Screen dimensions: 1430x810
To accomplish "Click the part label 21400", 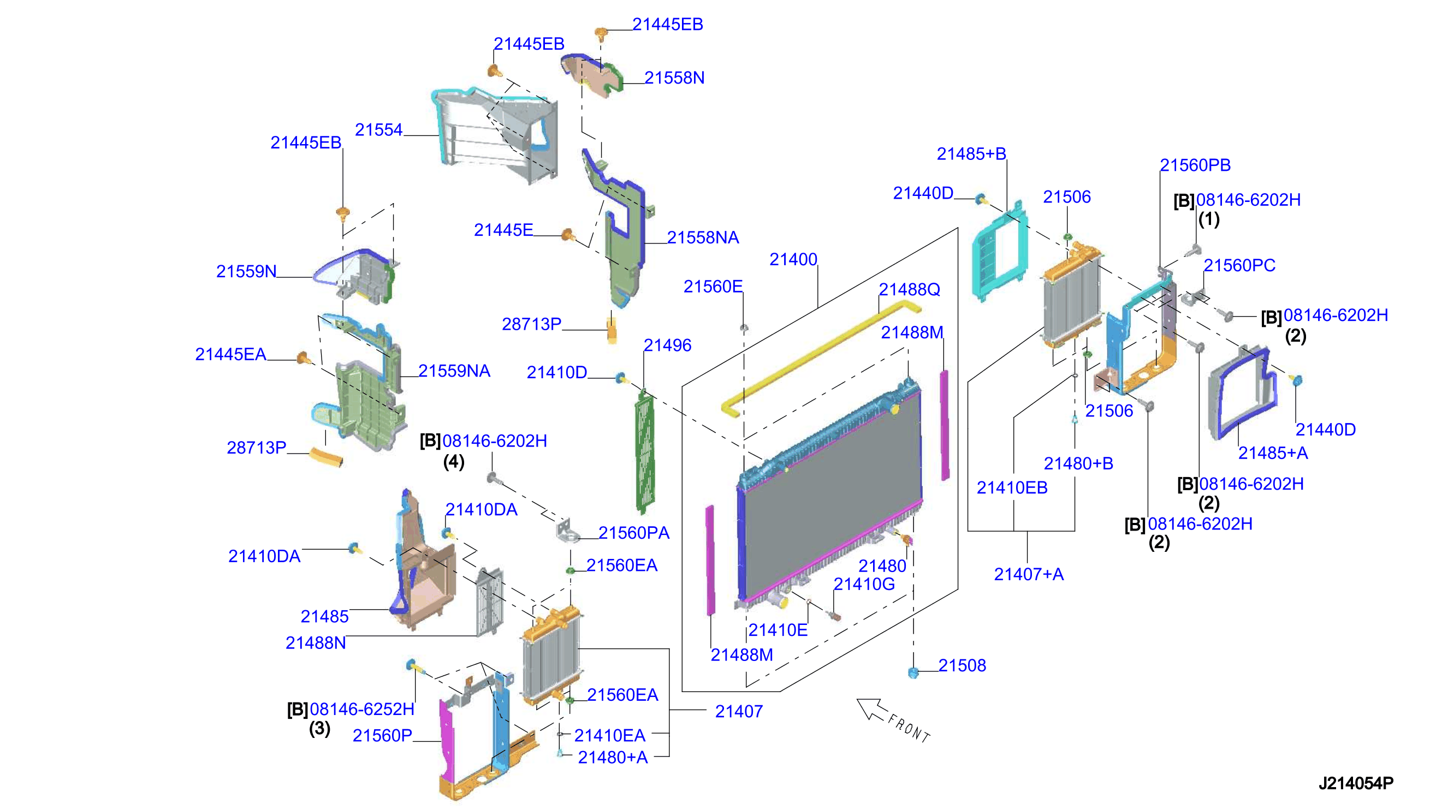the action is [x=793, y=259].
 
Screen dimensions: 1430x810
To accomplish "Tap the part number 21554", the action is [x=378, y=129].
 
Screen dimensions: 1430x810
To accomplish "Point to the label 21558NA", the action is [x=703, y=237].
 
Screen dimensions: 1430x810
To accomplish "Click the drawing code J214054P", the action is [x=1355, y=783].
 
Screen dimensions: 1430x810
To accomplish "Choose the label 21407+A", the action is [x=1028, y=574].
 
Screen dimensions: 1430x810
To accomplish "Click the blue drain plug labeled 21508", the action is [x=912, y=672].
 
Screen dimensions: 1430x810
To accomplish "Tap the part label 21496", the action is [x=667, y=346].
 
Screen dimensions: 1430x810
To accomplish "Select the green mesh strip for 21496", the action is [x=645, y=452].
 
